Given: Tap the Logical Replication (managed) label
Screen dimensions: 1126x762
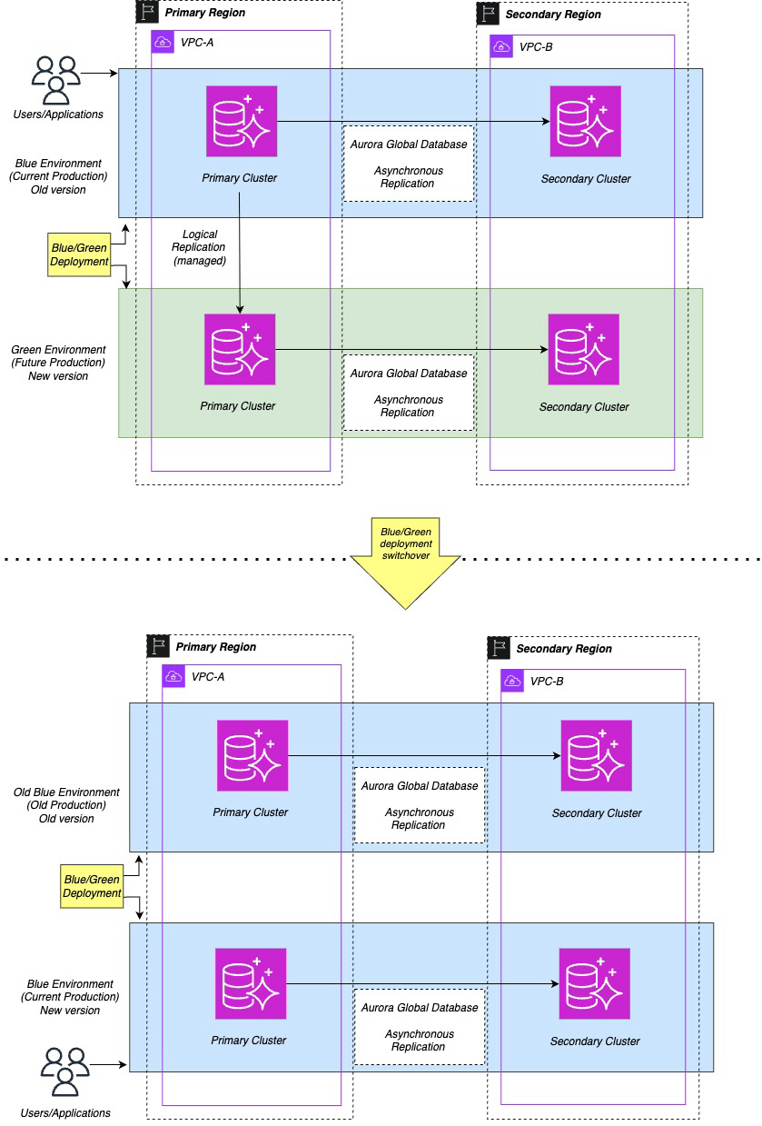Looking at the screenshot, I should [x=199, y=247].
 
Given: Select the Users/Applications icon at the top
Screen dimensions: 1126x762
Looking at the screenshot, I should [x=55, y=79].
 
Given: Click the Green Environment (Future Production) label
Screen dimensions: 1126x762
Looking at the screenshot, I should [x=58, y=363].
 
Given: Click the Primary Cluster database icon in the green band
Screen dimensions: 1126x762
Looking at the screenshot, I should [x=240, y=349].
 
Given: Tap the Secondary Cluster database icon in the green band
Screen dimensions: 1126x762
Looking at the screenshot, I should [x=583, y=349].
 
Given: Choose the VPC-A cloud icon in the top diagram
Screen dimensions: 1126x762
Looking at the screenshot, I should [x=163, y=42].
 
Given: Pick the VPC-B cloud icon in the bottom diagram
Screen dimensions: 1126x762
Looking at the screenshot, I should [x=512, y=681].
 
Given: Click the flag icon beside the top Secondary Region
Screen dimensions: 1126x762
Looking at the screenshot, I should [x=488, y=13].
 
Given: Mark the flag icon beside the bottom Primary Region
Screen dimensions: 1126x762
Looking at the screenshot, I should [x=158, y=646].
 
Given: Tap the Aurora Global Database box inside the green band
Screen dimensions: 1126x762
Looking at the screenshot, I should [x=409, y=393].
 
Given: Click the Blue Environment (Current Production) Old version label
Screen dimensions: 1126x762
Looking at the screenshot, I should [x=58, y=175].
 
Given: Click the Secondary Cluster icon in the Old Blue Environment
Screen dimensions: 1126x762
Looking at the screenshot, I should [x=596, y=755].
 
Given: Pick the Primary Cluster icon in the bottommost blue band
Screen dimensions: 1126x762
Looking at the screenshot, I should [x=251, y=983].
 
